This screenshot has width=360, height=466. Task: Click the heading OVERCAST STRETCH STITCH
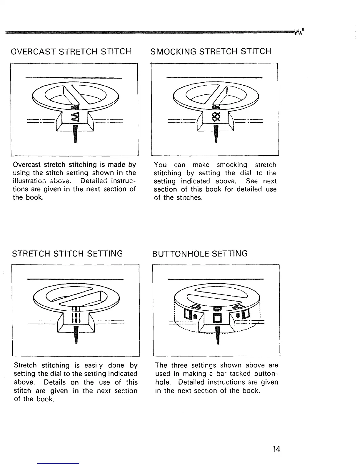tap(71, 52)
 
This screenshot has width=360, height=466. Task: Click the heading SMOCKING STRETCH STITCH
tap(211, 51)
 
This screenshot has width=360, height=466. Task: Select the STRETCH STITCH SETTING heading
tap(67, 253)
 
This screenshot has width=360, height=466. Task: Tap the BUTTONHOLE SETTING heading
tap(200, 253)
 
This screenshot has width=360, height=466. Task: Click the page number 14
tap(276, 449)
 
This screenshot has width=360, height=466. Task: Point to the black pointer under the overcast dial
tap(75, 134)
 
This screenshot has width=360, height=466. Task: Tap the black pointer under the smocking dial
tap(216, 134)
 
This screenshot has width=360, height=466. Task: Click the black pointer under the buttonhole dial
tap(218, 335)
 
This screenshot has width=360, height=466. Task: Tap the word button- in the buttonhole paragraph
tap(263, 374)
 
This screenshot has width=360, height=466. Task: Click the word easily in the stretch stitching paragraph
tap(94, 365)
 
